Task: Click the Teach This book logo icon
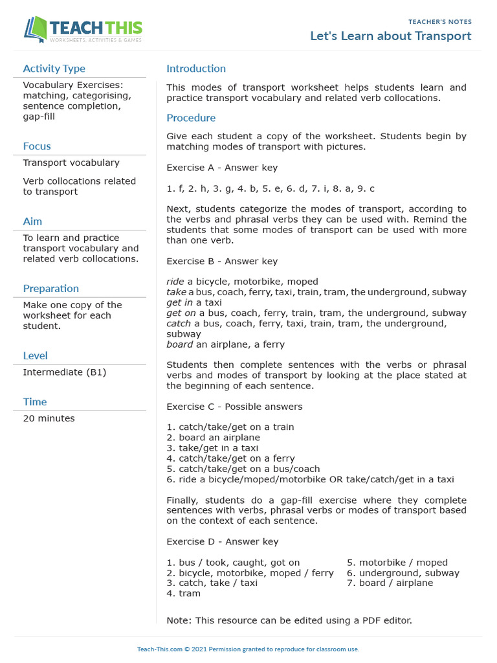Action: click(36, 29)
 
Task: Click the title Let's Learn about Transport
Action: click(390, 36)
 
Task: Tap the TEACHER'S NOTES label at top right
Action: click(440, 22)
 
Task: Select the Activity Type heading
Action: click(54, 69)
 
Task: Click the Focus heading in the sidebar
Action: click(37, 146)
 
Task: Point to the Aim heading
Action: click(32, 221)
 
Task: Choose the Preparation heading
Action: click(51, 289)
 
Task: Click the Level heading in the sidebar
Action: click(35, 355)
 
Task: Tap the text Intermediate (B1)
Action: click(65, 372)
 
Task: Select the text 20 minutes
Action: click(49, 418)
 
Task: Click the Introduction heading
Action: click(196, 69)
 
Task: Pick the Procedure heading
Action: click(191, 118)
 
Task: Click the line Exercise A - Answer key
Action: click(222, 168)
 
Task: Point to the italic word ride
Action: click(175, 282)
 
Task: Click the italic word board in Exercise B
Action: click(179, 344)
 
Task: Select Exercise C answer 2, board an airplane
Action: click(213, 438)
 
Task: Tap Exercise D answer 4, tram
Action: click(184, 593)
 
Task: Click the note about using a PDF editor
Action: click(289, 620)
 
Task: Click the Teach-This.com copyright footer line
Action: click(248, 649)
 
